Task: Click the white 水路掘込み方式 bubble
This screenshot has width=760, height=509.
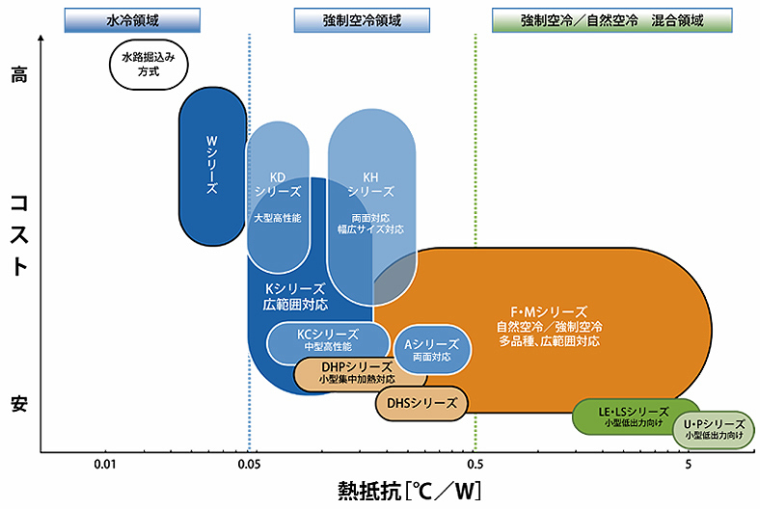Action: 148,65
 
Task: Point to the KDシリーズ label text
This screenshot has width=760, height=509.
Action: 277,184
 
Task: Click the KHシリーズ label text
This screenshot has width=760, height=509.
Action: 371,184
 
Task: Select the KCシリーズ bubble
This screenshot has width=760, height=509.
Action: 328,339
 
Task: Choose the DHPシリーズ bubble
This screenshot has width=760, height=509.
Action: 356,372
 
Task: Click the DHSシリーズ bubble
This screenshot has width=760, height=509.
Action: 421,403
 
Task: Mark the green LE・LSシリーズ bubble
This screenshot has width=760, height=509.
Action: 635,416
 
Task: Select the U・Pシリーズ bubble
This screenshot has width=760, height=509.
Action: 714,429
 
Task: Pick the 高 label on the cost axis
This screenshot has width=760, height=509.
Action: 18,75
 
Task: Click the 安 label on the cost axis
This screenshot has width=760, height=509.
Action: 18,406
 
